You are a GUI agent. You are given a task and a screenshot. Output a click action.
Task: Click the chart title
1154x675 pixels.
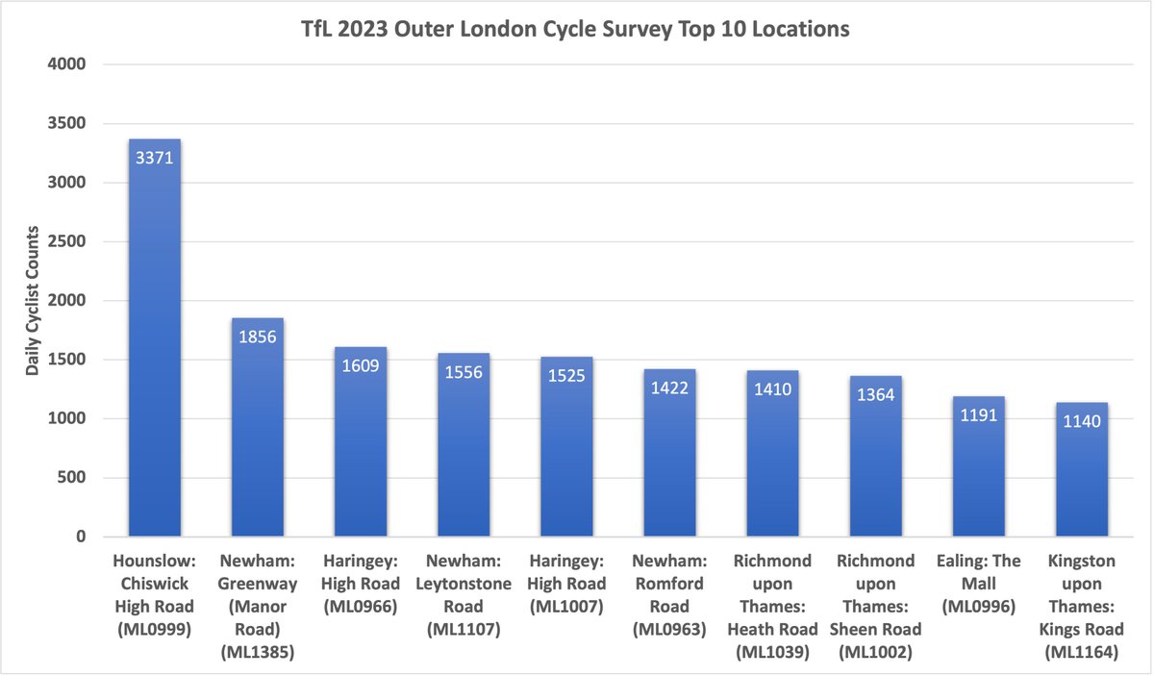click(577, 30)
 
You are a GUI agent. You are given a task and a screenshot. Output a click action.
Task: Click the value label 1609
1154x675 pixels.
click(361, 365)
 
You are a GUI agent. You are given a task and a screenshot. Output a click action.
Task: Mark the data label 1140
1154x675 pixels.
click(1081, 421)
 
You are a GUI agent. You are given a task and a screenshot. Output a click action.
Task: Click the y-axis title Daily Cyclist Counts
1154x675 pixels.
click(32, 300)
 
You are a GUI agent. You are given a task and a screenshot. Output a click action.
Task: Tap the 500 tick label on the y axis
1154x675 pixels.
click(73, 478)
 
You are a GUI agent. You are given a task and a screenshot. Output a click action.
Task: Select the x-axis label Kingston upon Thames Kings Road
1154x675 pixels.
click(1081, 606)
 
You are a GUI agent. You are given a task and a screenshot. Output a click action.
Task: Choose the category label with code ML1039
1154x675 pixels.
click(772, 606)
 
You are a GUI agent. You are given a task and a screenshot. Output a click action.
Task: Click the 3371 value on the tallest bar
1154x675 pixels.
click(155, 158)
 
